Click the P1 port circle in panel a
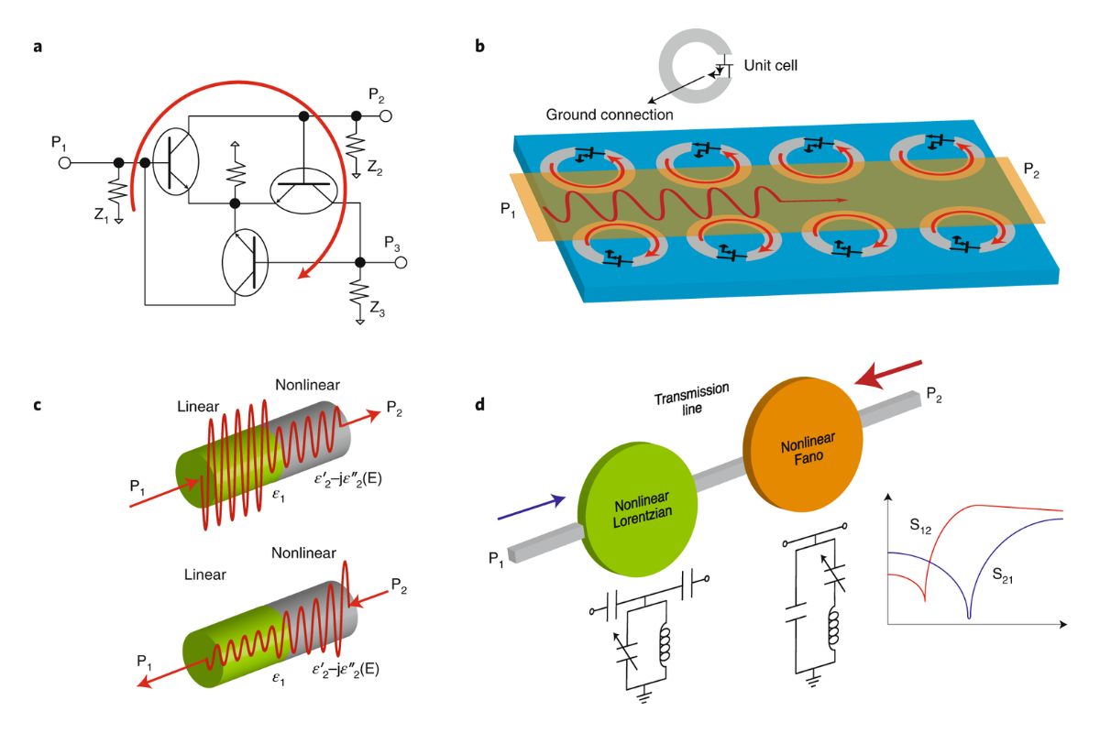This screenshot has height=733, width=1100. point(64,163)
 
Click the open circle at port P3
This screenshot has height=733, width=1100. point(401,263)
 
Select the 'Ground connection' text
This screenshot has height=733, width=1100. point(610,115)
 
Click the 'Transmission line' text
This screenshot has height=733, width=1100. point(691,399)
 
